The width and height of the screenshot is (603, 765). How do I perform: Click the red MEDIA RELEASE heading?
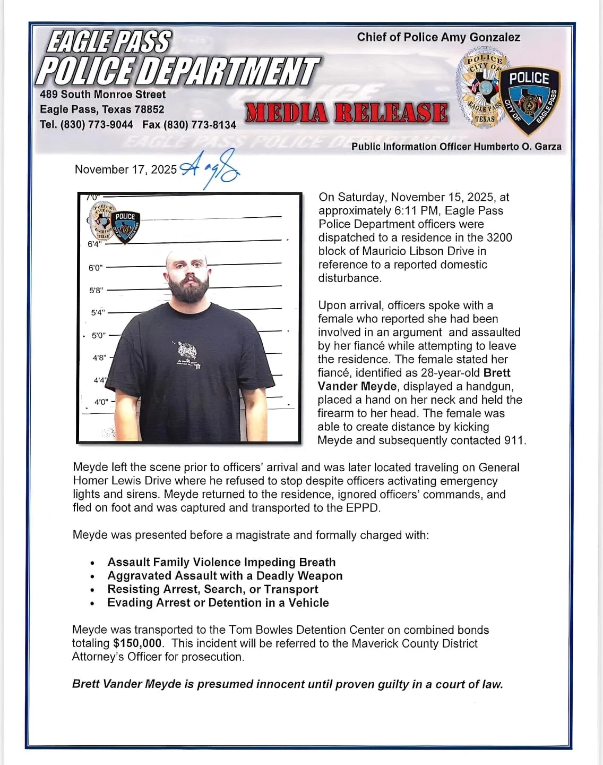[x=346, y=113]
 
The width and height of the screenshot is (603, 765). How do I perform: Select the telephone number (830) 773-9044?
[x=97, y=125]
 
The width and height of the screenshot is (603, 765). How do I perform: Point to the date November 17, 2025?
[x=126, y=169]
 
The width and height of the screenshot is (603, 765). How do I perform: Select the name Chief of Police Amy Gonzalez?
[x=438, y=37]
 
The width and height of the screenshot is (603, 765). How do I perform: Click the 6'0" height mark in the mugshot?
[x=96, y=268]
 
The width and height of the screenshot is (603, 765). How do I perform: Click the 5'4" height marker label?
[x=98, y=313]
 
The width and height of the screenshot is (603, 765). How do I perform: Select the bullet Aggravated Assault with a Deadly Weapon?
[x=225, y=576]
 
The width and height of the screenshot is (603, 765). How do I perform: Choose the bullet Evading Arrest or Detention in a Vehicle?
[x=218, y=603]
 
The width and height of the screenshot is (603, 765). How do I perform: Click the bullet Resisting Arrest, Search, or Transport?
[x=212, y=589]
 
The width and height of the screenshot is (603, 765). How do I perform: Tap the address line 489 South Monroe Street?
[x=103, y=95]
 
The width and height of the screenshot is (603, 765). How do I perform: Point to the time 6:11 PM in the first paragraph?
[x=407, y=211]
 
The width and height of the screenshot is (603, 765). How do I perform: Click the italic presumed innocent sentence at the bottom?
[x=287, y=684]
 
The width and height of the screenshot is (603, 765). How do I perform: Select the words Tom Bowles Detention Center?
[x=306, y=630]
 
